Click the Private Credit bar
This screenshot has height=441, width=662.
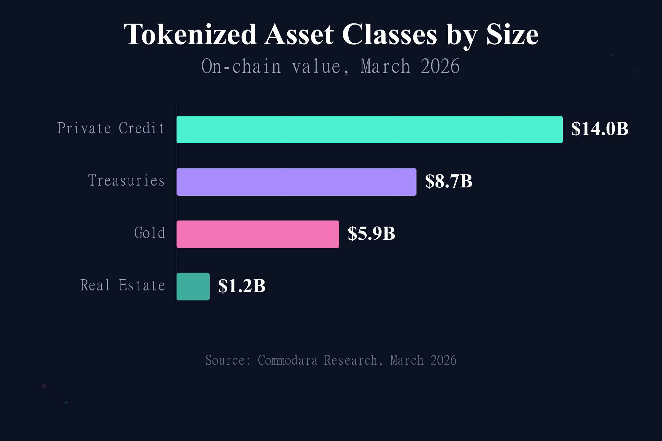click(x=369, y=129)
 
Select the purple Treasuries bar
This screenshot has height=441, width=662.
click(x=296, y=182)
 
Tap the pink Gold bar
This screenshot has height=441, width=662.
click(x=258, y=234)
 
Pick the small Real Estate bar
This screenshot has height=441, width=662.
click(x=193, y=286)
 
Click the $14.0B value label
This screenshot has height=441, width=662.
click(x=599, y=129)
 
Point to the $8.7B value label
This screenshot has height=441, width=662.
click(x=449, y=181)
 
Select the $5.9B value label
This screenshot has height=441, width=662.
click(x=371, y=233)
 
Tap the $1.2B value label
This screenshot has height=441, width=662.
click(x=242, y=286)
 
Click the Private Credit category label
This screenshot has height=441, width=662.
click(x=111, y=128)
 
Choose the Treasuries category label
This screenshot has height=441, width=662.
click(x=126, y=181)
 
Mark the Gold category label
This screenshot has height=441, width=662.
click(x=150, y=233)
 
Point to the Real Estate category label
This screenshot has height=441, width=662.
click(x=123, y=285)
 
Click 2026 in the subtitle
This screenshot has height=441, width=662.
click(x=440, y=66)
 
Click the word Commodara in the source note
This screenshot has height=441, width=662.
click(x=287, y=360)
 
